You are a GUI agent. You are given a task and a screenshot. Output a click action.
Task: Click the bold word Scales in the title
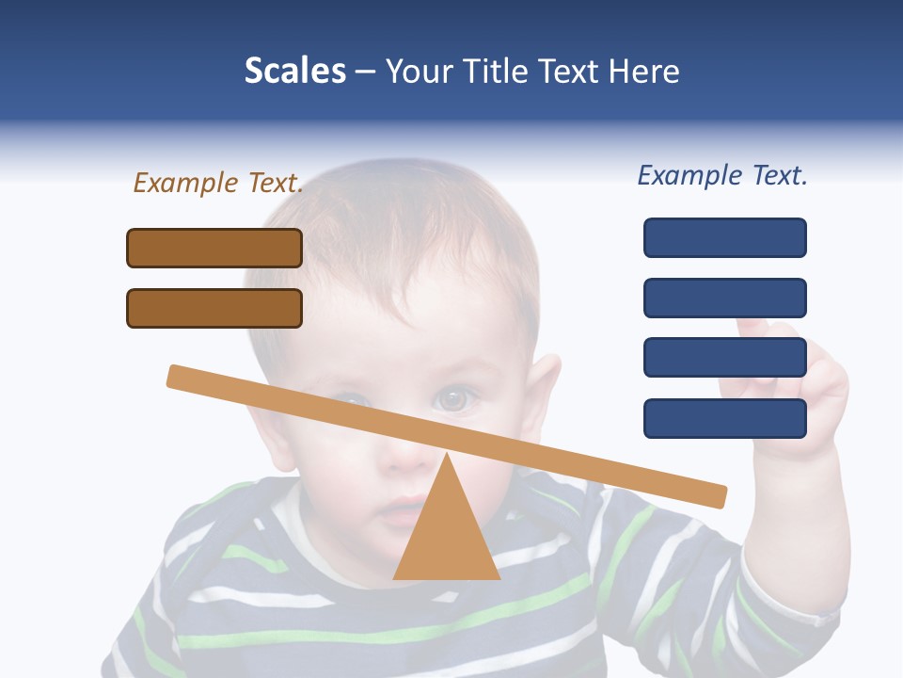point(294,71)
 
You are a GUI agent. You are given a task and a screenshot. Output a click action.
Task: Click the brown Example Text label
point(218,183)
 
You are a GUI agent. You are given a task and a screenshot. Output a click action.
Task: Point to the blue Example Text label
point(722,175)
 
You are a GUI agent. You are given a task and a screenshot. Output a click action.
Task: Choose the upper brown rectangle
point(214,248)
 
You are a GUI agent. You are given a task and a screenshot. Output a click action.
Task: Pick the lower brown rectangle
point(214,308)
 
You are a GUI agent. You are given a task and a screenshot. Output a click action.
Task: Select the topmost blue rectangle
point(725,237)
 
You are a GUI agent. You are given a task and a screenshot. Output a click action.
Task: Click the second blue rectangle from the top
point(725,298)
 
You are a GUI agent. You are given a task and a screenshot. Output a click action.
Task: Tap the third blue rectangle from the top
point(725,358)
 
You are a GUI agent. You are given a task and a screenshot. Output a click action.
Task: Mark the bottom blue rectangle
point(725,418)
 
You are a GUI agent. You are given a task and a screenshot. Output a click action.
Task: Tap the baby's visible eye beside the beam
point(453,399)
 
